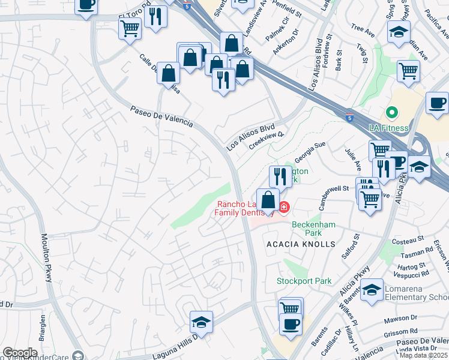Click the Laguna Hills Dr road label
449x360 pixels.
(175, 344)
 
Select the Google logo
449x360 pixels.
(20, 353)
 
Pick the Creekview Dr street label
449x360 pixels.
(266, 139)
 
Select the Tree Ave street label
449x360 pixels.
(363, 28)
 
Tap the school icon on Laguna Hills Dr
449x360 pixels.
(201, 323)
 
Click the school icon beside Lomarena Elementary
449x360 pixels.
(372, 290)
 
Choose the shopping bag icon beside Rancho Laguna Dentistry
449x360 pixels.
(268, 199)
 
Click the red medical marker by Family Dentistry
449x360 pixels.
(283, 208)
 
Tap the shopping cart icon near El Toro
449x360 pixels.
(130, 28)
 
